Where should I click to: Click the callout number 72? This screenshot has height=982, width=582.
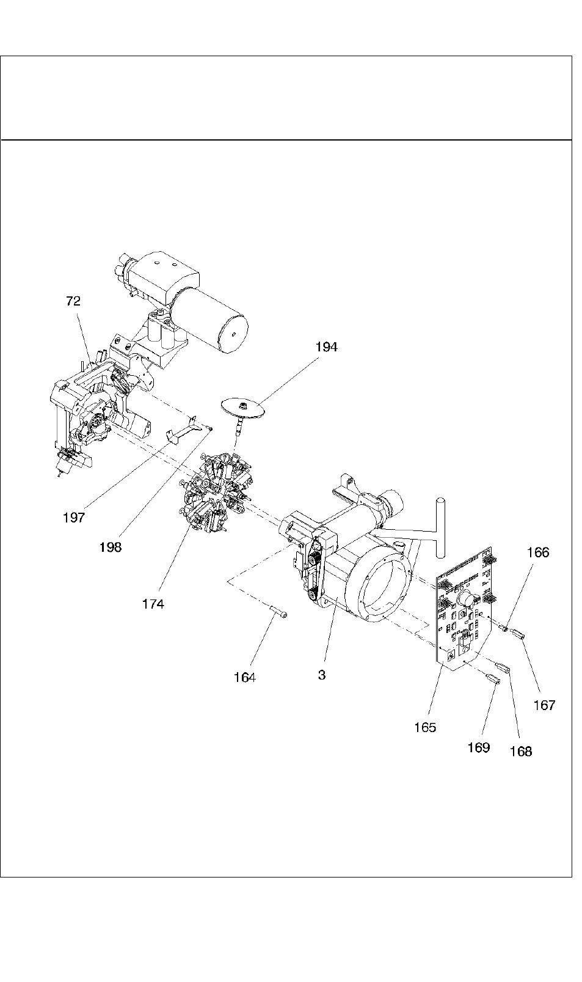(x=73, y=301)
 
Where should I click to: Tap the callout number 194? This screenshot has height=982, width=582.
(x=327, y=346)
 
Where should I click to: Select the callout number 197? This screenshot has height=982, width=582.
(x=74, y=518)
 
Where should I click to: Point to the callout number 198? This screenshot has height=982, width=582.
(x=111, y=547)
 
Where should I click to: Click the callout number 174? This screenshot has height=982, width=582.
(x=153, y=604)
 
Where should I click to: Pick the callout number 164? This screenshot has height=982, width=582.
(x=244, y=678)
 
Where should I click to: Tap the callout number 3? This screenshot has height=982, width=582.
(x=322, y=675)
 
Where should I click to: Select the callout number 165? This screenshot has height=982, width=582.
(x=425, y=728)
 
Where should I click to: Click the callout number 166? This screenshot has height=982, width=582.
(x=538, y=552)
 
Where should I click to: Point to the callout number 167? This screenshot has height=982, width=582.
(x=544, y=705)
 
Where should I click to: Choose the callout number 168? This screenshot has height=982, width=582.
(x=521, y=752)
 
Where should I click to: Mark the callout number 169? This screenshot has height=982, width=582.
(x=479, y=747)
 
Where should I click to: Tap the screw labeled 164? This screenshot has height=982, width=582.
(x=278, y=611)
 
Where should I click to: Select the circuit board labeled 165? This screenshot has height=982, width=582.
(x=465, y=609)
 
